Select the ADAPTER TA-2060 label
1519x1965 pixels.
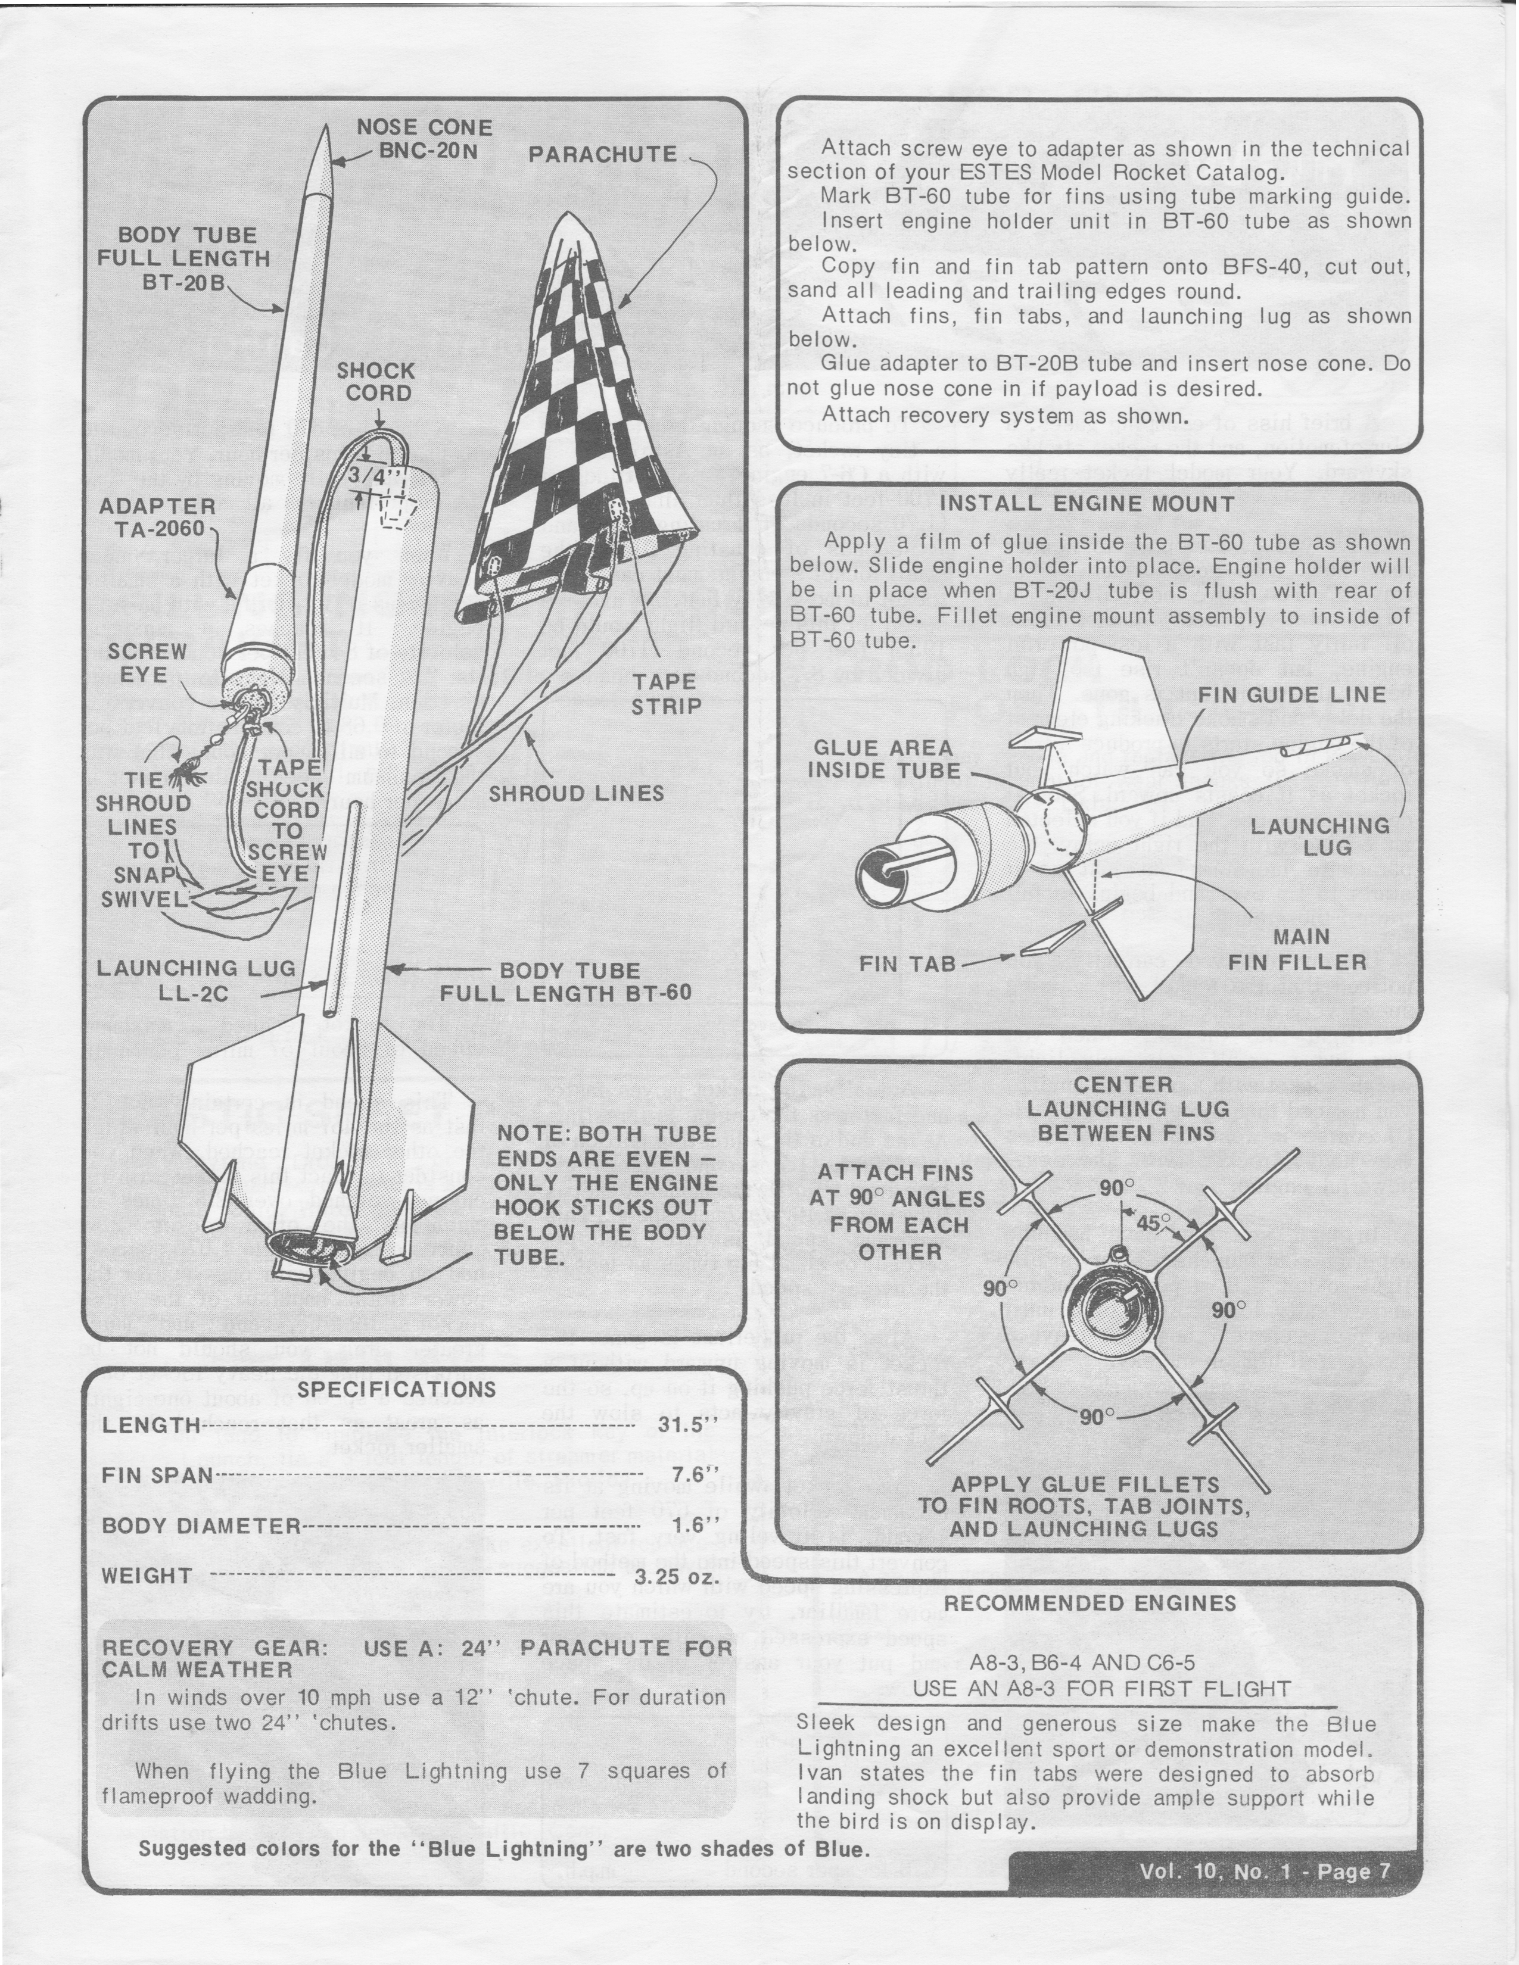tap(157, 517)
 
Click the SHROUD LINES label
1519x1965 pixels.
tap(576, 794)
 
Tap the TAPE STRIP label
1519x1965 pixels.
tap(665, 694)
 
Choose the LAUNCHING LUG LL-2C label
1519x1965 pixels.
tap(196, 981)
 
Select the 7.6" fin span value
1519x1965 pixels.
tap(698, 1476)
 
